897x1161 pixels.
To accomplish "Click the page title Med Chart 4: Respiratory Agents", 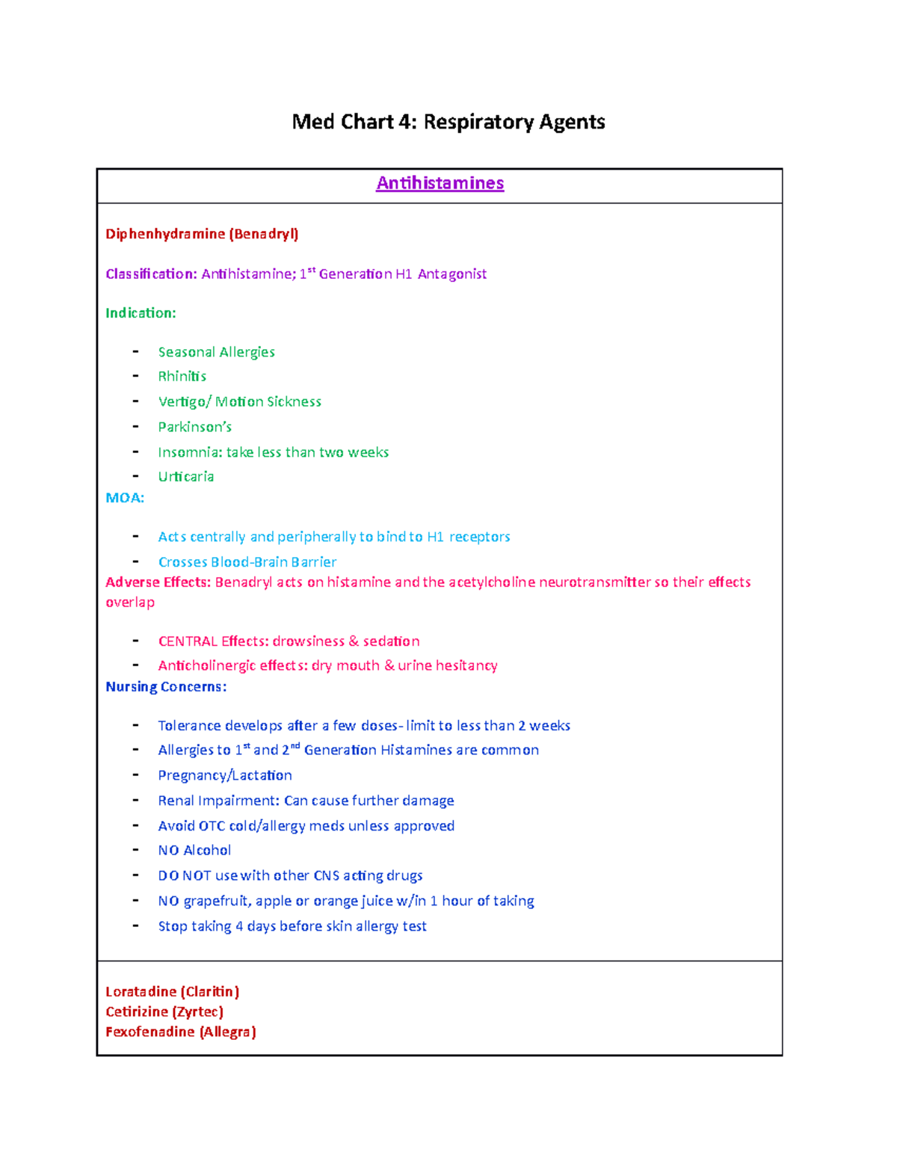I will click(448, 122).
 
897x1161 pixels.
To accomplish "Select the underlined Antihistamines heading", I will click(440, 183).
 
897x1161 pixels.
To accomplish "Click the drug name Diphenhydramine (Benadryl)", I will click(202, 234).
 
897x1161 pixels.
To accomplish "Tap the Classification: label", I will click(151, 274).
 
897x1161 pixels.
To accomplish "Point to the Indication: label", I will click(141, 313).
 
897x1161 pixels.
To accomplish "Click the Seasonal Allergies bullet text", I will click(216, 352).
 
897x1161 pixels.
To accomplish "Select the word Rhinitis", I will click(182, 376).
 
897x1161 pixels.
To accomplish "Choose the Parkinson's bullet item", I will click(194, 427).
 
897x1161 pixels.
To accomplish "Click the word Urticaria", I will click(185, 477).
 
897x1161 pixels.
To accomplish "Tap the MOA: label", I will click(125, 498).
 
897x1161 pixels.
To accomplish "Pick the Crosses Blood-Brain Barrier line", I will click(247, 562).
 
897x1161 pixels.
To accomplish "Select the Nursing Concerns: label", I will click(166, 687).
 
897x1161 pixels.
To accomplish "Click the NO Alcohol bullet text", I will click(194, 851).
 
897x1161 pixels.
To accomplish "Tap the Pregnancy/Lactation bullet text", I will click(224, 775).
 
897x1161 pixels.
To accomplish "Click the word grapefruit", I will click(217, 902).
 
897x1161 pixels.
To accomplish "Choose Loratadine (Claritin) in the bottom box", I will click(172, 992).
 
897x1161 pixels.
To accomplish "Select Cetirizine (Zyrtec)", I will click(164, 1012).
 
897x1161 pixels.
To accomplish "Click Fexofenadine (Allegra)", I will click(181, 1032).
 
